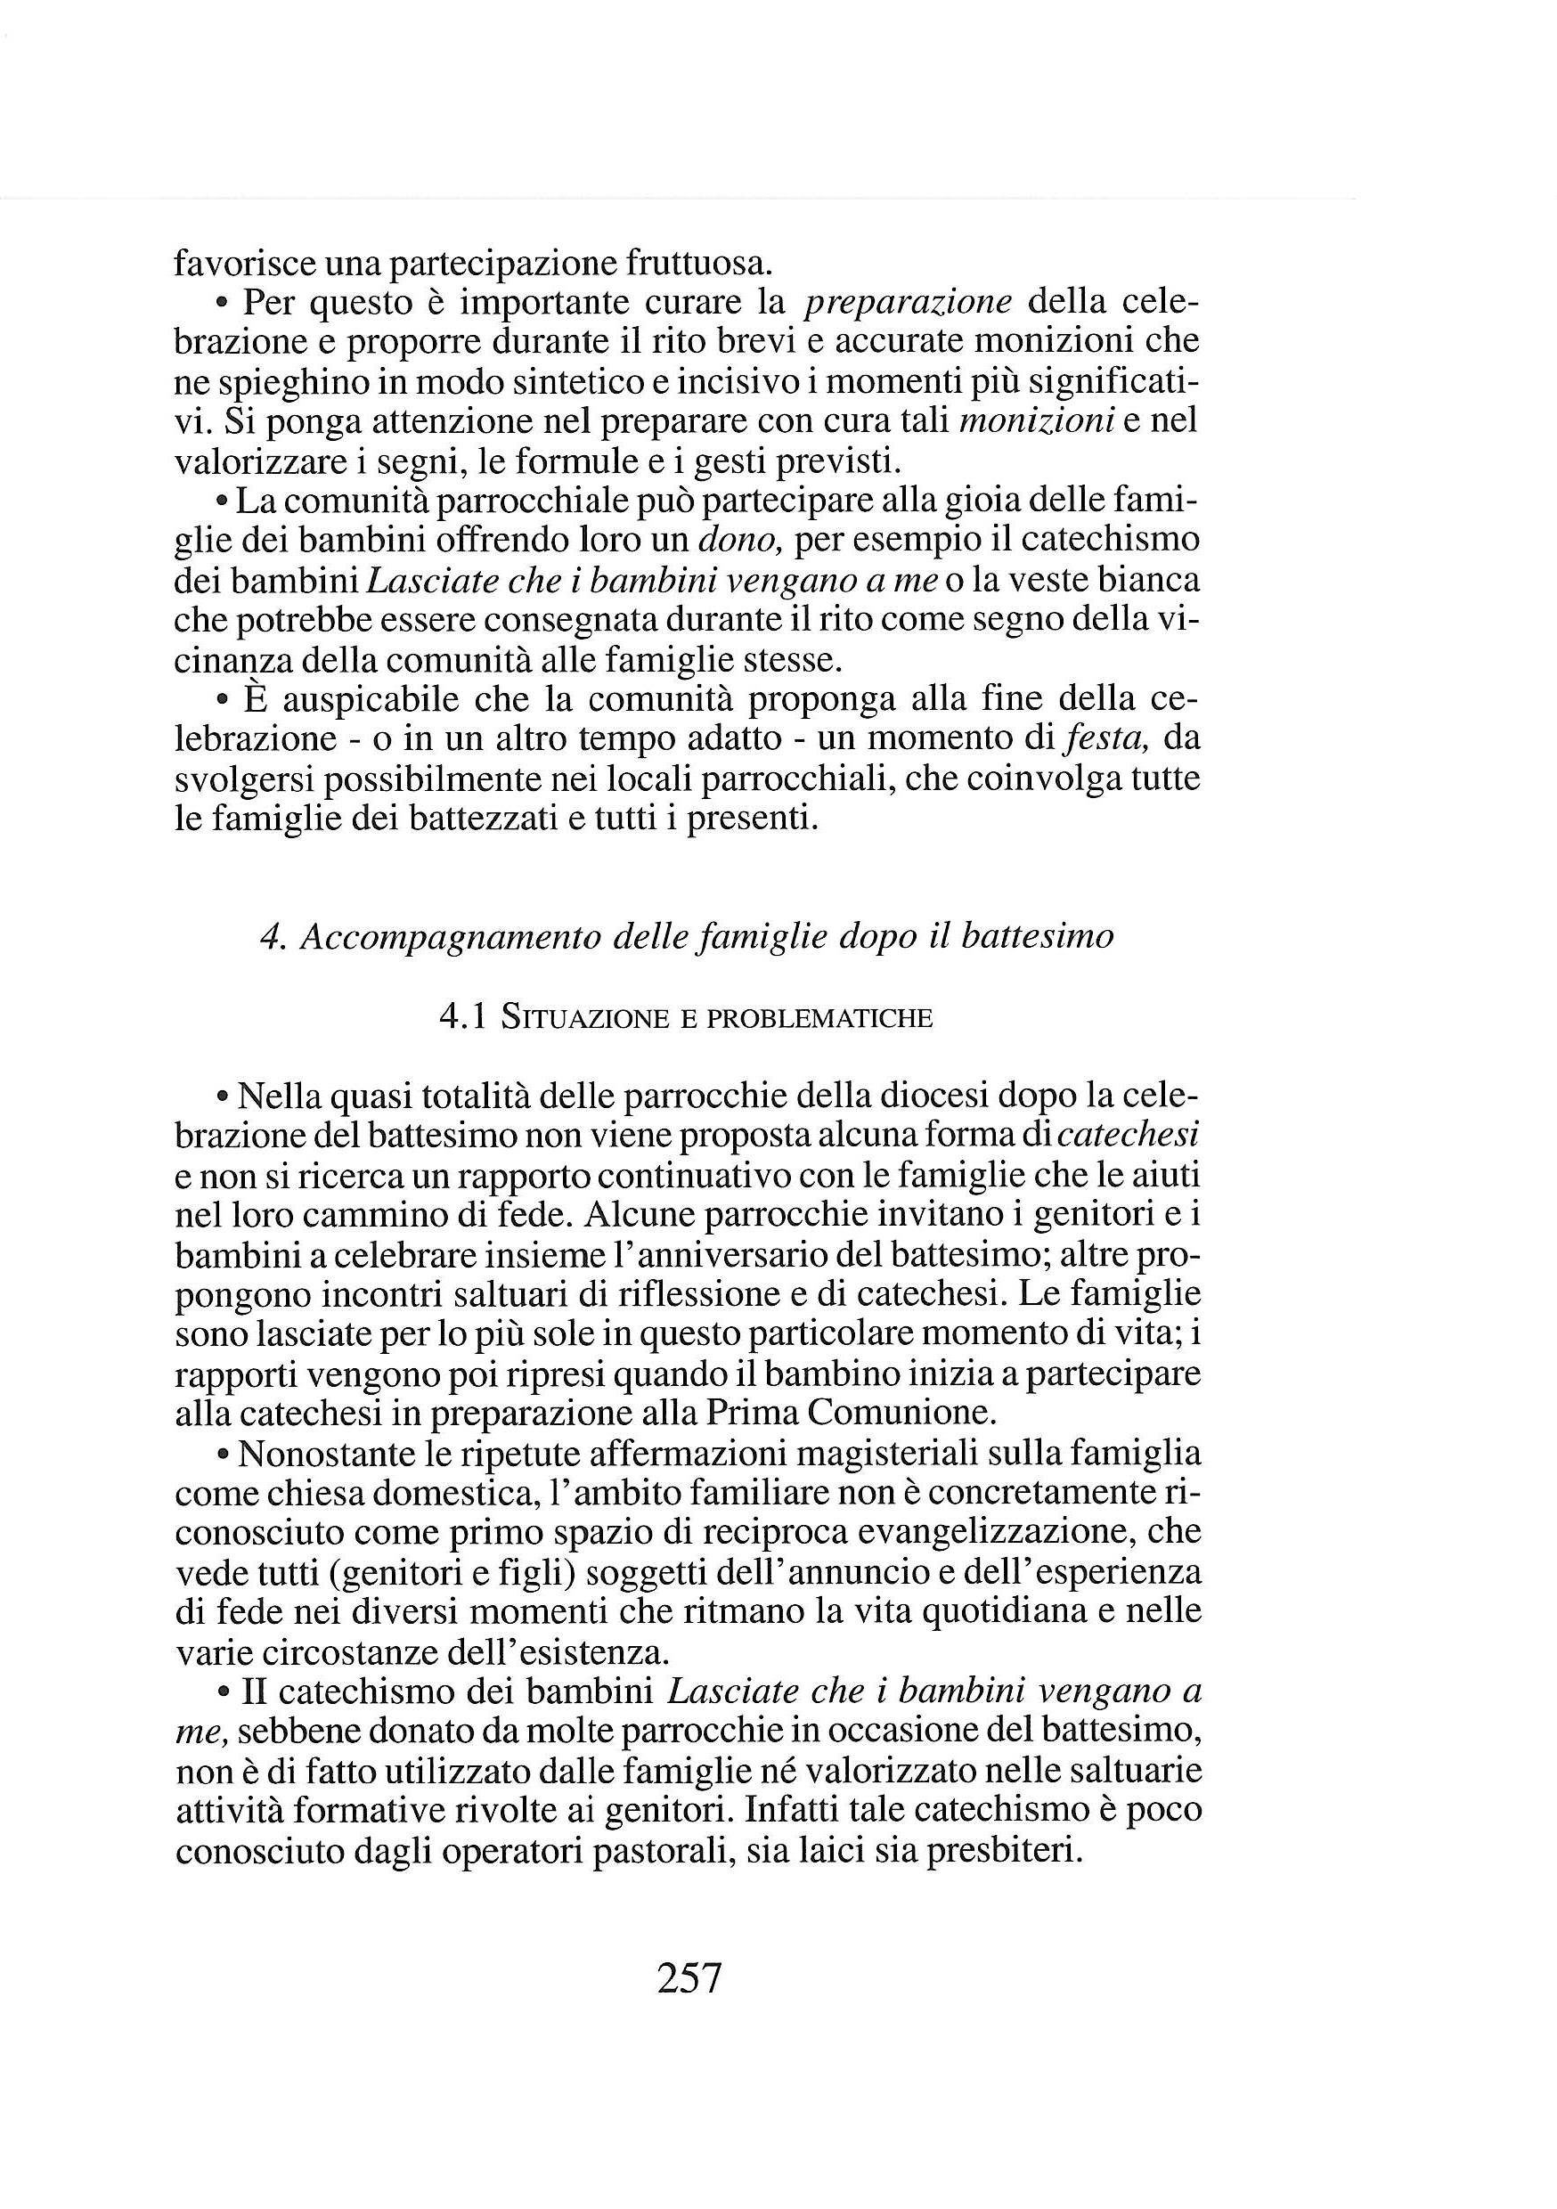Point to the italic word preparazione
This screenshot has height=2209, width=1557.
point(908,303)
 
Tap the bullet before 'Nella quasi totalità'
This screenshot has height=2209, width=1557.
point(223,1096)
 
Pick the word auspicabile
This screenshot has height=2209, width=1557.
point(368,700)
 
